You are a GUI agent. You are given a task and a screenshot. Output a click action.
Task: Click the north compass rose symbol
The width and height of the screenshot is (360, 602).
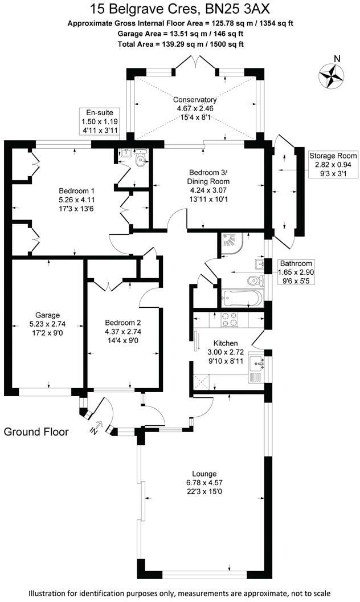point(330,75)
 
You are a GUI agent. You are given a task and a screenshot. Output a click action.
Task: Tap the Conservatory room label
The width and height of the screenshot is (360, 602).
point(195,107)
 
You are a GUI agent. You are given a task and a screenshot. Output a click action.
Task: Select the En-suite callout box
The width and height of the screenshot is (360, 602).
point(98,121)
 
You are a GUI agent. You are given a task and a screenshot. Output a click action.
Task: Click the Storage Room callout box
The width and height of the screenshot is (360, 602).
point(333,164)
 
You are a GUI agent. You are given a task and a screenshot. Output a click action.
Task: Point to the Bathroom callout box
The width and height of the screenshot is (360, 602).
point(296,272)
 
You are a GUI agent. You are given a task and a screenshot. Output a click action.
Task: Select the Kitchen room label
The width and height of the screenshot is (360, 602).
point(225,352)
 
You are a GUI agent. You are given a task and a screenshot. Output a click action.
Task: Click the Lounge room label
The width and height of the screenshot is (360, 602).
point(203,482)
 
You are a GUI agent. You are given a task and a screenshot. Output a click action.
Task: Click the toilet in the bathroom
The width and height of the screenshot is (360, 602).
point(253,280)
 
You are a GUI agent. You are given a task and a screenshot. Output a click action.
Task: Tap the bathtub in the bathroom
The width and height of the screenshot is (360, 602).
point(242,298)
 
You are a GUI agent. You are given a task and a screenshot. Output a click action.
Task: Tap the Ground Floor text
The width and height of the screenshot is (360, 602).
point(36,432)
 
